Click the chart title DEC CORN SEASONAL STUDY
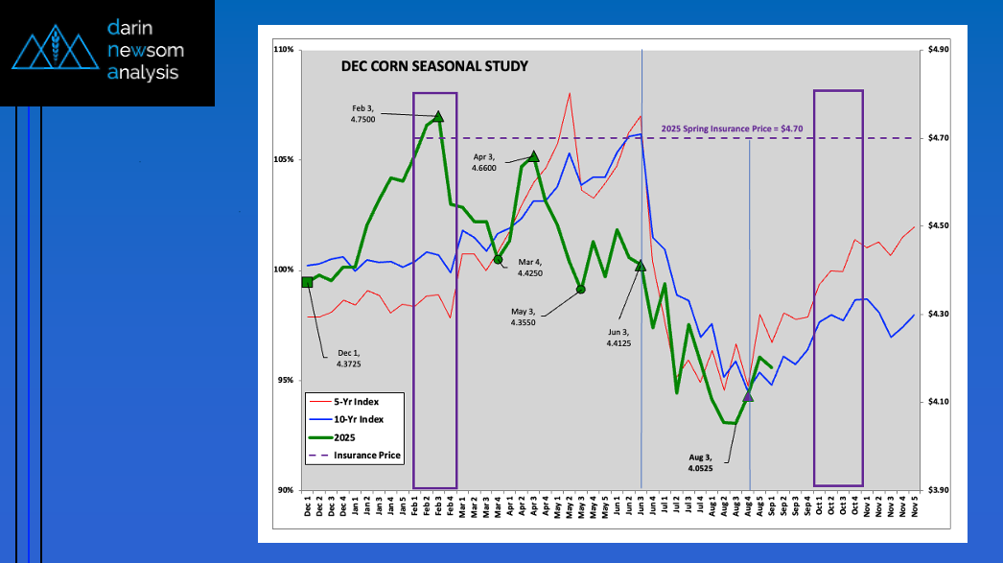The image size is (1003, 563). click(434, 67)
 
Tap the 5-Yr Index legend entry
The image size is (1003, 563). click(356, 401)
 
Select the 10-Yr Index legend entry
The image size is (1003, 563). click(357, 419)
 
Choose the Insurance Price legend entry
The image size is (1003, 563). click(366, 455)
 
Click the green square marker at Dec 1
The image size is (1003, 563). click(307, 282)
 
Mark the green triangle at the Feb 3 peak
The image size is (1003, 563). click(438, 117)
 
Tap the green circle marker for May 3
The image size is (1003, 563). click(581, 289)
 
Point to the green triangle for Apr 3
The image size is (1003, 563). click(534, 156)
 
